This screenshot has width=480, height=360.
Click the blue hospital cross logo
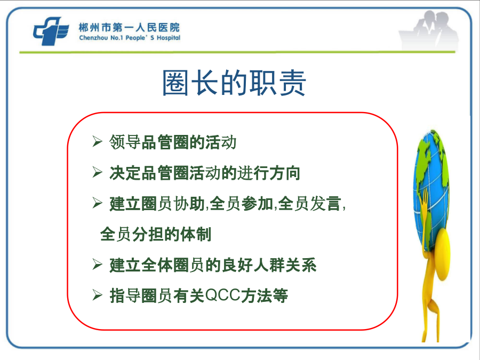[51, 31]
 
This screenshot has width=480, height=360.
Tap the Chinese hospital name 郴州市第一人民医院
[129, 28]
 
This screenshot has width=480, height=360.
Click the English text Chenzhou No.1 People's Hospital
[130, 38]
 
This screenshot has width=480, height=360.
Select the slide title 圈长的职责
[234, 83]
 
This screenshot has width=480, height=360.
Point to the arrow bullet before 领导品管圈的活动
[98, 141]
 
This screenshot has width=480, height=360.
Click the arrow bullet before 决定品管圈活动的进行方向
[98, 172]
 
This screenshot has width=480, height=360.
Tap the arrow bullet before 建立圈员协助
[98, 203]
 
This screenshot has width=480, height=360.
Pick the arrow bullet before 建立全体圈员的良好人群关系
[98, 264]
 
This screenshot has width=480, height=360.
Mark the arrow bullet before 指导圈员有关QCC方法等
[98, 295]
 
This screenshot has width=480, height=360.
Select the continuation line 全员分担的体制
[156, 235]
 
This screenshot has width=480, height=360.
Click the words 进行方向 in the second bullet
[268, 173]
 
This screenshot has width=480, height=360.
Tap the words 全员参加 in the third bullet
[242, 204]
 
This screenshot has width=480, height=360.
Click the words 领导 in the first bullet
[125, 142]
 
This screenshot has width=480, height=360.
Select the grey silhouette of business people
[429, 30]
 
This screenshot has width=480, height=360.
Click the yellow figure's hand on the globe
[425, 199]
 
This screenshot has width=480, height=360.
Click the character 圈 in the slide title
[175, 83]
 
